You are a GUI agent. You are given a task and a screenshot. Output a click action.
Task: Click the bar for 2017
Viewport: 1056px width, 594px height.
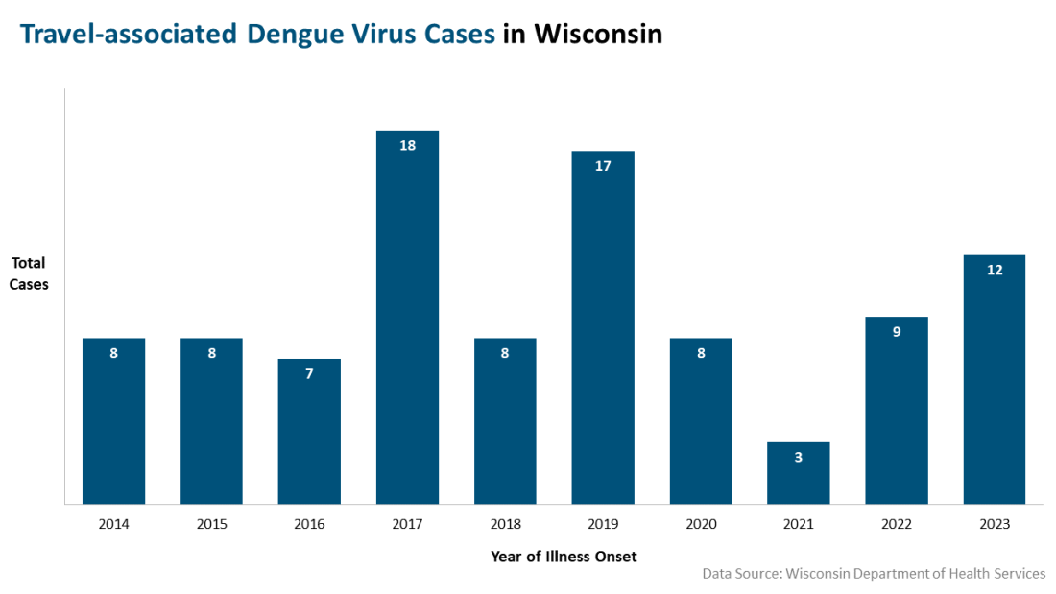[x=407, y=317]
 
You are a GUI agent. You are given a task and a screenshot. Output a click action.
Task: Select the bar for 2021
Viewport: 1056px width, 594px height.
[x=798, y=473]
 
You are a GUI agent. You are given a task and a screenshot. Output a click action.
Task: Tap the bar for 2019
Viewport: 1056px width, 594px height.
[x=603, y=327]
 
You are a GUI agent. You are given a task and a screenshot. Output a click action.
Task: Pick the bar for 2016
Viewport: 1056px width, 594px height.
[x=309, y=431]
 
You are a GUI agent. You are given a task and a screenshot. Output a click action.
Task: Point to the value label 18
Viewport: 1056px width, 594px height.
[x=407, y=146]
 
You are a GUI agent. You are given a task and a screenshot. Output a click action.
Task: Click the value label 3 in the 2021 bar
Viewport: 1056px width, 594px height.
[x=798, y=458]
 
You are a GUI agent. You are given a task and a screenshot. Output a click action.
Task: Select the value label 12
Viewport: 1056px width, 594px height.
[x=995, y=270]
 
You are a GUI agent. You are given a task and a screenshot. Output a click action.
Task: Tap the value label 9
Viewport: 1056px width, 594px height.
[x=896, y=332]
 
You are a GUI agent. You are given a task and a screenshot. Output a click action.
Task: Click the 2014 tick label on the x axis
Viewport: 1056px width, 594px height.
[x=113, y=524]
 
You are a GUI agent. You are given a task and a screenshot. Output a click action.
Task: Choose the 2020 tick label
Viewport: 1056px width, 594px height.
[x=701, y=524]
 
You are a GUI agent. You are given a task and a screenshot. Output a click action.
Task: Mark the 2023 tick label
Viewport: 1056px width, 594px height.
[x=995, y=524]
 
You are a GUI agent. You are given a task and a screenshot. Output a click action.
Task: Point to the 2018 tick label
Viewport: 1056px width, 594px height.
[x=505, y=524]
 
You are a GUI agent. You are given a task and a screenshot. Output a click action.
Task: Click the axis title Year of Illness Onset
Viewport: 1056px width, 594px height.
[x=564, y=557]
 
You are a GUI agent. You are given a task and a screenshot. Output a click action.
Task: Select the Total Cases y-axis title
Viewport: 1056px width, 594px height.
[x=30, y=273]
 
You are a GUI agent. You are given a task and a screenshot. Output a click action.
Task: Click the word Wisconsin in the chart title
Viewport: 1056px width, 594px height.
[x=597, y=35]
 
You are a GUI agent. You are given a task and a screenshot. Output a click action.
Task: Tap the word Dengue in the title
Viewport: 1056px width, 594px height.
[x=292, y=35]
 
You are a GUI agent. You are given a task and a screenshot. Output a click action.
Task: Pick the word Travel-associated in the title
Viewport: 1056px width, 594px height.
[x=128, y=35]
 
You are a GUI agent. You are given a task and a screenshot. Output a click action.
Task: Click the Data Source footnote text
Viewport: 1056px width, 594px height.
[x=874, y=574]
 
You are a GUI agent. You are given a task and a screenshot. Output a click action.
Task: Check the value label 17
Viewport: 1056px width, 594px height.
[x=603, y=166]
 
